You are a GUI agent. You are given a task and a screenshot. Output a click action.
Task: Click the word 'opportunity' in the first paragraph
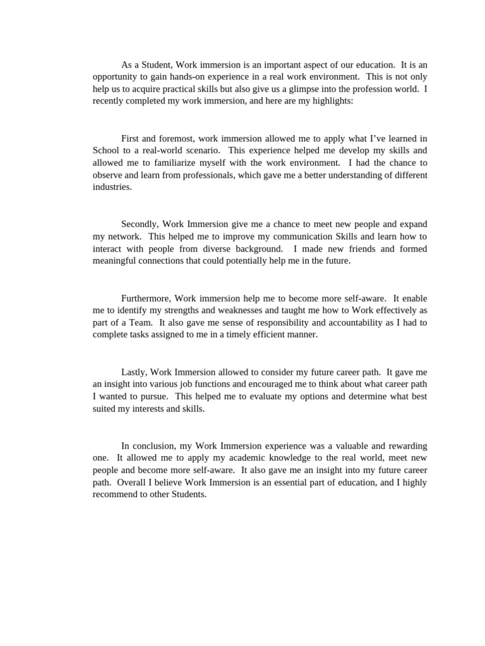click(x=115, y=76)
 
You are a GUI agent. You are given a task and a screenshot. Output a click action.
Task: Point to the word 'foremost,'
click(x=181, y=138)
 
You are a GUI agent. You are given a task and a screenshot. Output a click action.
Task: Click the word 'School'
click(x=105, y=150)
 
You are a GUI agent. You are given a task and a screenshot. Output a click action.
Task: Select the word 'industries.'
click(x=112, y=187)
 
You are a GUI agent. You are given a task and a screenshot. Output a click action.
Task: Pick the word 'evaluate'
click(x=277, y=396)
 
